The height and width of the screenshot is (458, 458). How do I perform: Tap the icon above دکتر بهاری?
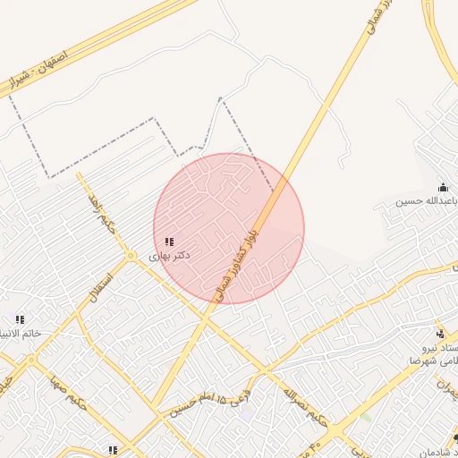click(169, 242)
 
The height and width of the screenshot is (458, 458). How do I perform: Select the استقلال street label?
click(97, 285)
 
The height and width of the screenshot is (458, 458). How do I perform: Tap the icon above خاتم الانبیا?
click(20, 319)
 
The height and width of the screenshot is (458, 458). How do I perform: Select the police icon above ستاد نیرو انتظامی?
click(439, 333)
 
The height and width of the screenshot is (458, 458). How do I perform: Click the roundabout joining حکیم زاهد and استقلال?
click(131, 257)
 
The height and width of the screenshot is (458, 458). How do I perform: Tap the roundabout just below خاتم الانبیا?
click(33, 361)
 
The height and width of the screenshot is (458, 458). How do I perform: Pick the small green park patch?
click(365, 417)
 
